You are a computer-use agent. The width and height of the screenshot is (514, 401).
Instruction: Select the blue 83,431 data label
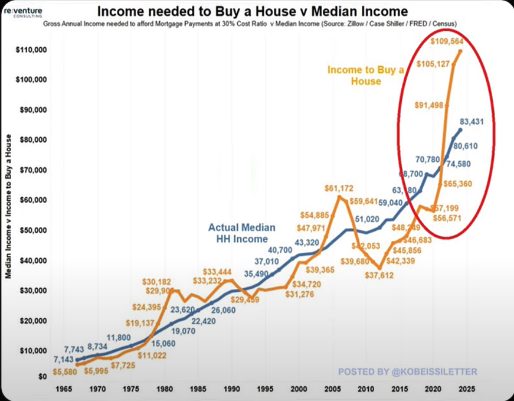click(476, 122)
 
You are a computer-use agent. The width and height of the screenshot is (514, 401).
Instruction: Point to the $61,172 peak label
click(339, 188)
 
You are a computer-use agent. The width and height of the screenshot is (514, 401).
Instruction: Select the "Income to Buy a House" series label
click(366, 76)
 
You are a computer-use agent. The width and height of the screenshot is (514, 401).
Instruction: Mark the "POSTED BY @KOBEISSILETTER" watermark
click(407, 371)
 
